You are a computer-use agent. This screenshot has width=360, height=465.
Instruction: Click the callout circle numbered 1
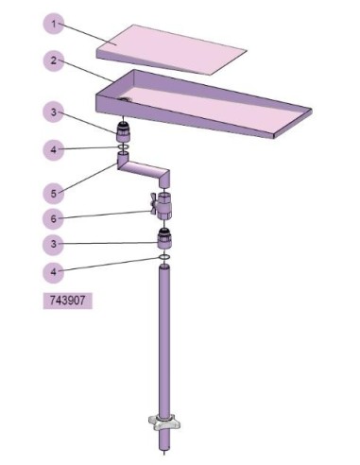[54, 24]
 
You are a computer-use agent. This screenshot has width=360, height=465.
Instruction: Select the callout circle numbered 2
[54, 60]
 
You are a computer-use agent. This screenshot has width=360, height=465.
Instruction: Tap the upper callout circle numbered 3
[54, 112]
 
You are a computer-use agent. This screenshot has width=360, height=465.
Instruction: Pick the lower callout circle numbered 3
[54, 244]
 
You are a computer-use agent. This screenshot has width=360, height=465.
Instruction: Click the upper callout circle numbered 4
[54, 149]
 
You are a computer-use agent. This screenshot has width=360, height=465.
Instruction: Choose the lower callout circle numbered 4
[54, 271]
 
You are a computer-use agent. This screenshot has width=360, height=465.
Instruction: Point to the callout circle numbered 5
[54, 194]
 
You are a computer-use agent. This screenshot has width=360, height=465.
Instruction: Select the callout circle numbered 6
[54, 218]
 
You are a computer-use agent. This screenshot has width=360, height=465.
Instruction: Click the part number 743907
[68, 301]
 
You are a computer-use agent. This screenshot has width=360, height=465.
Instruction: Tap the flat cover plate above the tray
[171, 49]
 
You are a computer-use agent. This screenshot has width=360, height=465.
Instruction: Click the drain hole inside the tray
[126, 100]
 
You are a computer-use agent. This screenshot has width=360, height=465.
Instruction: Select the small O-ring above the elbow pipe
[123, 147]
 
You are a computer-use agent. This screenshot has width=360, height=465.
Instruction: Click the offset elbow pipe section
[144, 171]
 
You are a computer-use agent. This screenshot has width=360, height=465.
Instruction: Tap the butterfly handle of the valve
[154, 203]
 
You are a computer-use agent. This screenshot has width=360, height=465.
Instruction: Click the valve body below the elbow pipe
[164, 206]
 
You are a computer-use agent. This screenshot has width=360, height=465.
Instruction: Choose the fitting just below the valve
[164, 239]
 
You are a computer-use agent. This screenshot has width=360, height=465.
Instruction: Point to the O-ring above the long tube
[164, 258]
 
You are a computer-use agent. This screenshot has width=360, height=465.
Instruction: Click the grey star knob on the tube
[164, 422]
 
